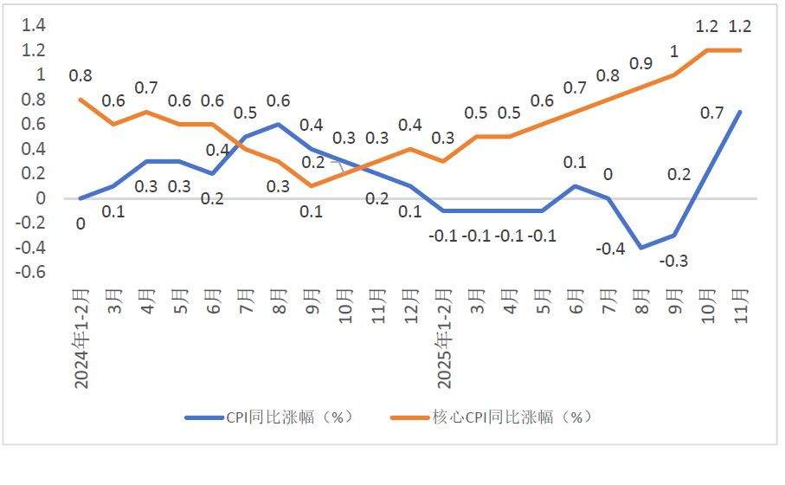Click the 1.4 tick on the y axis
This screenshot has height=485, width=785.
[33, 25]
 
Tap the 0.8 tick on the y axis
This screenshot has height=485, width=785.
[33, 100]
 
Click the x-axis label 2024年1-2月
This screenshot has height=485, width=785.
[81, 337]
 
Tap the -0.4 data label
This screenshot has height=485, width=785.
[611, 249]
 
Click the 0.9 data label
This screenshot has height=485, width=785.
[641, 63]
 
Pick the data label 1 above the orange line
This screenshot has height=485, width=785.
[674, 51]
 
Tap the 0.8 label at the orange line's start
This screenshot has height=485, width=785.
[80, 75]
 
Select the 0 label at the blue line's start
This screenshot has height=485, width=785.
[80, 223]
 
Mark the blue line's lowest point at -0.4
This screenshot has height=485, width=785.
[641, 248]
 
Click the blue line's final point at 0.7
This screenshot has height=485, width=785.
[741, 112]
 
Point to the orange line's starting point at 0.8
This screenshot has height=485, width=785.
[80, 100]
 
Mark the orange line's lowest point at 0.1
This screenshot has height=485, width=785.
[312, 186]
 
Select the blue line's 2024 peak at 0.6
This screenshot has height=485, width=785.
[279, 124]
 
